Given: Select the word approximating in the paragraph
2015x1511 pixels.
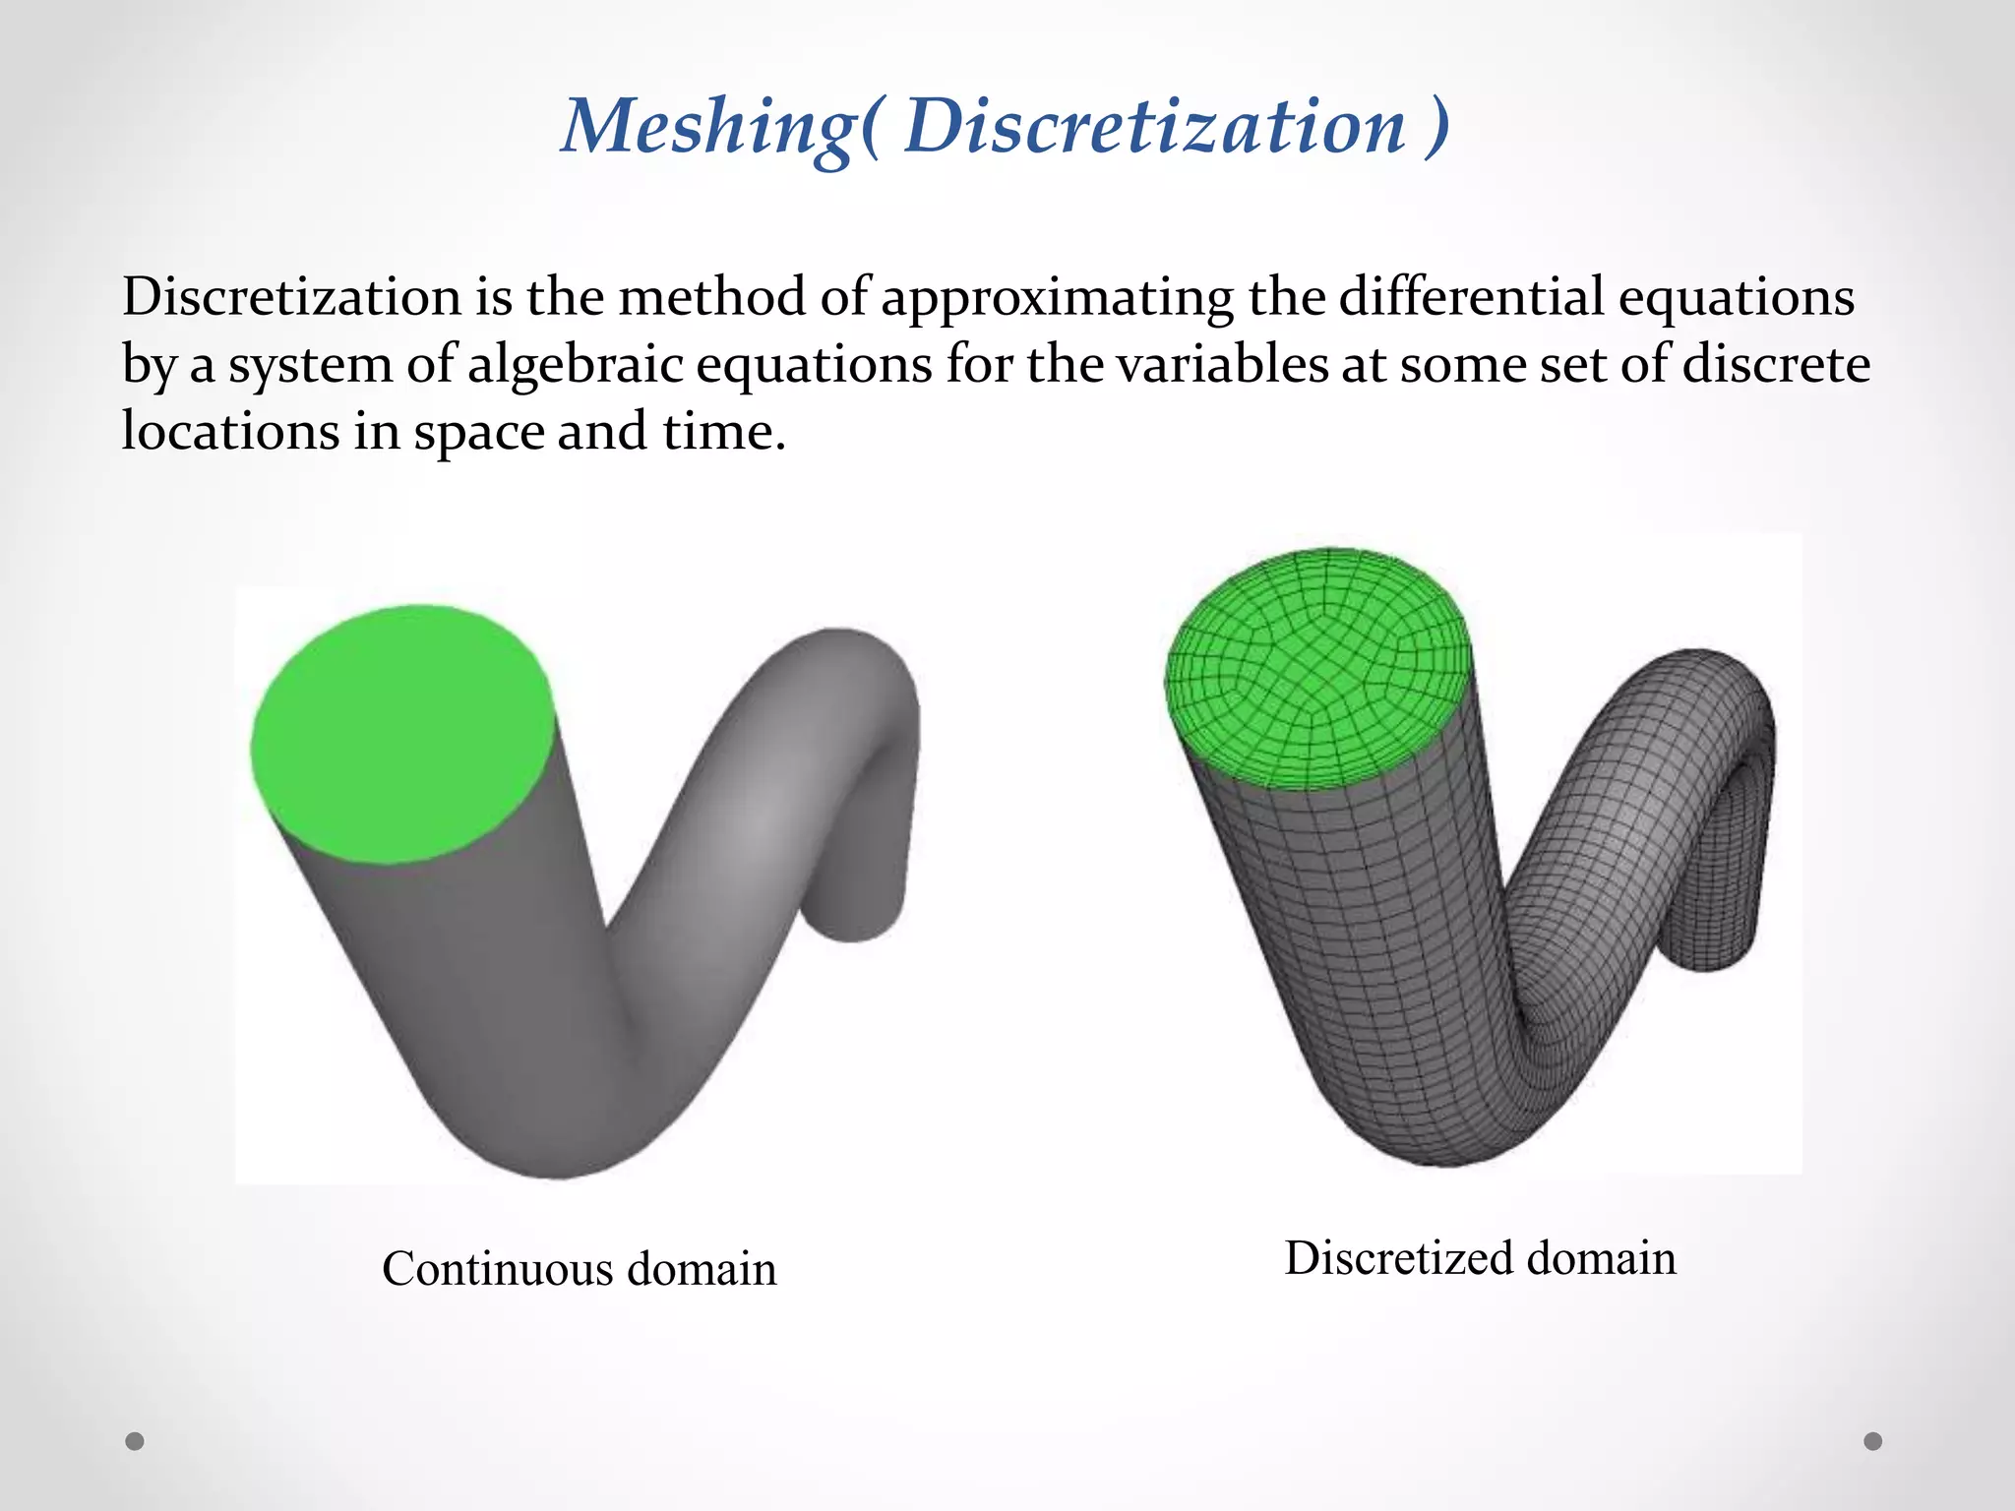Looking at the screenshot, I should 1057,297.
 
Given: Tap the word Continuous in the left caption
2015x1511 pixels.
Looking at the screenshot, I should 497,1269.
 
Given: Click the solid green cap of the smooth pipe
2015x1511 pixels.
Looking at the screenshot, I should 401,734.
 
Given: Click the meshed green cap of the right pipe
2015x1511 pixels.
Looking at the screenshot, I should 1318,669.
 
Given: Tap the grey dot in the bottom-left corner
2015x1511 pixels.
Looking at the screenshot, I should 135,1441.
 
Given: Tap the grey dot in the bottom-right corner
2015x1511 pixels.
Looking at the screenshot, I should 1873,1441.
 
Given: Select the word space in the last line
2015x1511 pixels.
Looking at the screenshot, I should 478,433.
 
